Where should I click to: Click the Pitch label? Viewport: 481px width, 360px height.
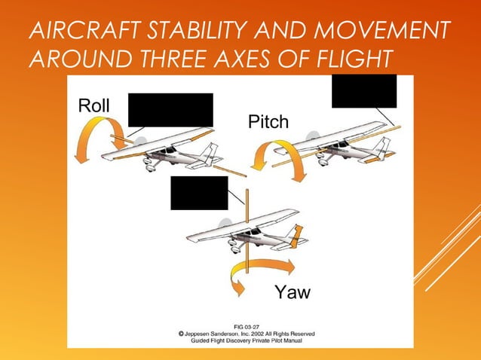coord(268,122)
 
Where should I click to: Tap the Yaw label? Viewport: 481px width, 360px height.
coord(293,292)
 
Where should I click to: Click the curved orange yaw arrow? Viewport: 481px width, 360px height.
coord(260,273)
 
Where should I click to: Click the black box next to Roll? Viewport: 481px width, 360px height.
coord(170,110)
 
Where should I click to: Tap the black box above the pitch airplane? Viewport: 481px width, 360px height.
coord(364,91)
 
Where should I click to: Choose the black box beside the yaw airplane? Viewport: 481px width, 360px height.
coord(199,193)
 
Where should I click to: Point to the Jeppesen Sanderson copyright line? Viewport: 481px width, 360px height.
coord(247,333)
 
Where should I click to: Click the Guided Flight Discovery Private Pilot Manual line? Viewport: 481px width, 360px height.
coord(247,340)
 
